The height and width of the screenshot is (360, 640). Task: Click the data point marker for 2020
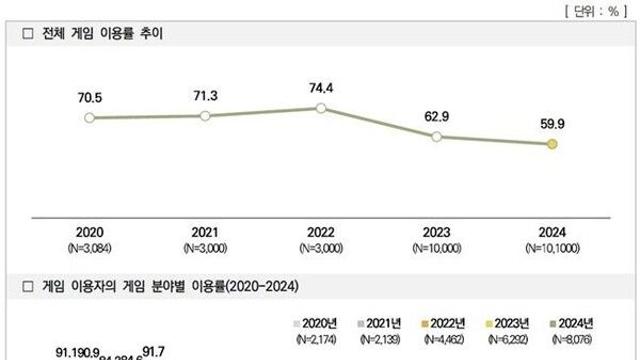coord(89,118)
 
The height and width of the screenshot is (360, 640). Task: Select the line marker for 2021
coord(205,116)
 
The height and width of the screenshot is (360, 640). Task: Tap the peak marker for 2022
coord(320,107)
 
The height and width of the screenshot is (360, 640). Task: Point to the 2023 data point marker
coord(436,136)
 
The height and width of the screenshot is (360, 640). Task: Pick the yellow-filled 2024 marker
coord(552,144)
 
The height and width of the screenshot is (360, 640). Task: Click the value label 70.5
coord(89,98)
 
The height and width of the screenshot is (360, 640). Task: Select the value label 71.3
coord(205,95)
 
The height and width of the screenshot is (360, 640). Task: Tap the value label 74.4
coord(320,86)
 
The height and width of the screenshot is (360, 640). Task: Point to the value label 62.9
coord(436,116)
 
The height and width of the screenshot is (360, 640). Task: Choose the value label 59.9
coord(552,124)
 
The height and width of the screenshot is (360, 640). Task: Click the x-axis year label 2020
coord(89,229)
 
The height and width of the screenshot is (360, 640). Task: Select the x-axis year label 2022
coord(320,229)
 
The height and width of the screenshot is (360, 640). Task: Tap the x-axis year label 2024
coord(552,229)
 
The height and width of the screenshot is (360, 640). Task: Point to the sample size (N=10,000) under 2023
coord(436,245)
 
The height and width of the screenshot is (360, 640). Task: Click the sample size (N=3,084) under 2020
coord(89,245)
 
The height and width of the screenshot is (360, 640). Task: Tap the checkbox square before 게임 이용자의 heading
coord(30,287)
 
